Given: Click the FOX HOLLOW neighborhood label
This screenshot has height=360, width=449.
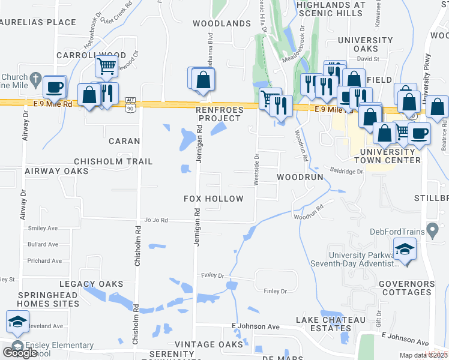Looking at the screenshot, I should pos(213,199).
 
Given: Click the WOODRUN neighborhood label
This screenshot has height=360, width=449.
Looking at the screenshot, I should pos(300,178).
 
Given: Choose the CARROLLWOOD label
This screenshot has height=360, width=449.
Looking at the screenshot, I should pos(91,55).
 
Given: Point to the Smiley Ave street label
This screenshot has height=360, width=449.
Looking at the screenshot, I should pos(43,229).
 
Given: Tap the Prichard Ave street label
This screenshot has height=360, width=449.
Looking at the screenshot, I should pos(44,261).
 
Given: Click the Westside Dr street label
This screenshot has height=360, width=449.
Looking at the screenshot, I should pos(256,170).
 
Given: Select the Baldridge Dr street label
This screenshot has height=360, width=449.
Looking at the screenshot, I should pos(343,171).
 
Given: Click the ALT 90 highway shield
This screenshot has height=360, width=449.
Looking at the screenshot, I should pos(130,106).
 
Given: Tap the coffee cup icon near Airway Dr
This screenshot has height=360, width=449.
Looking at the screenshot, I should pos(54,88).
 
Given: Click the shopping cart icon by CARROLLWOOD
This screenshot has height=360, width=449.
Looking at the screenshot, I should pos(106,67).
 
